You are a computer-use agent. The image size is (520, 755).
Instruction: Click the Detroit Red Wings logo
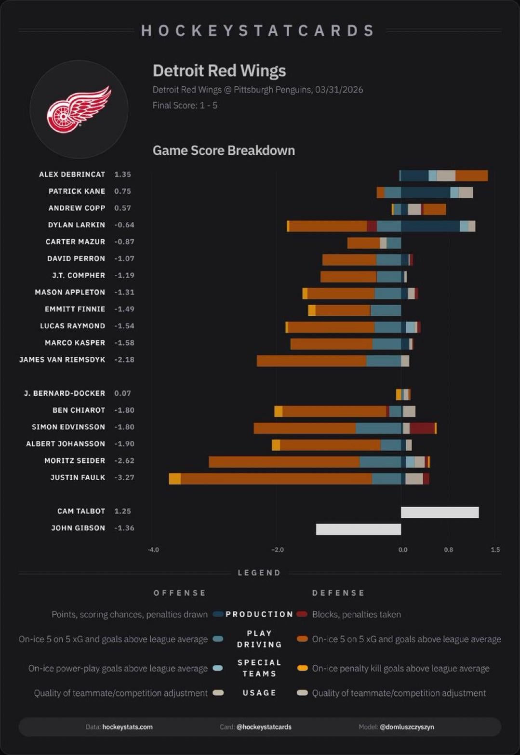click(79, 109)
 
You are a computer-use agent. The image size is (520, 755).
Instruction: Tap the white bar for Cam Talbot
click(440, 512)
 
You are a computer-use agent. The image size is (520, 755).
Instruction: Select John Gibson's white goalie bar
click(358, 529)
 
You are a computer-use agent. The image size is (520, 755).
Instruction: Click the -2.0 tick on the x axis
click(277, 550)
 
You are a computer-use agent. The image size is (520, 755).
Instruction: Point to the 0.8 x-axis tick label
click(448, 550)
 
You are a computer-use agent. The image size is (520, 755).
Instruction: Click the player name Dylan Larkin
click(76, 225)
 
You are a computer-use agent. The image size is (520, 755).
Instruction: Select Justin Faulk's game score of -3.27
click(124, 477)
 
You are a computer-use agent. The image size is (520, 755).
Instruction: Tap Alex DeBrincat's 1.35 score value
click(122, 174)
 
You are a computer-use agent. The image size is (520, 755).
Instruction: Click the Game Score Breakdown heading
click(224, 150)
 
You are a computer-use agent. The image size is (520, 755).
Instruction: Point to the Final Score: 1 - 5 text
click(185, 105)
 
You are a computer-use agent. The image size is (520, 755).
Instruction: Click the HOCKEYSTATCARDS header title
click(258, 31)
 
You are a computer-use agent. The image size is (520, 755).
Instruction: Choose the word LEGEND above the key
click(259, 573)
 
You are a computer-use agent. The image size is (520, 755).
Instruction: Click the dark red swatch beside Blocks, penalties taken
click(302, 614)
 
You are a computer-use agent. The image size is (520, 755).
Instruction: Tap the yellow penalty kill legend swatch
click(302, 668)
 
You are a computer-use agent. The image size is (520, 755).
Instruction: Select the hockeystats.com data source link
click(127, 727)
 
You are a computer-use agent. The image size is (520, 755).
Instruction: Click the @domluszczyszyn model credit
click(407, 727)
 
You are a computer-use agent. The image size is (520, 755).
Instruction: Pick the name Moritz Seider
click(74, 460)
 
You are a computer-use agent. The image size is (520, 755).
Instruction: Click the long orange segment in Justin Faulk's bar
click(276, 479)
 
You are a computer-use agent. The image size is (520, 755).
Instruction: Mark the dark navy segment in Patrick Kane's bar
click(425, 193)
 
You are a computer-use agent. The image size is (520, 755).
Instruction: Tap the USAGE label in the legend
click(259, 693)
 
